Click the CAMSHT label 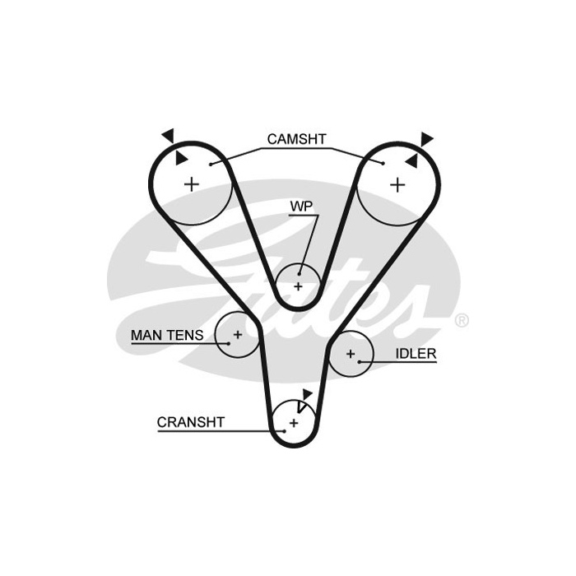pos(296,139)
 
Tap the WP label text pos(301,207)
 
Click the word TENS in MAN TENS pos(185,335)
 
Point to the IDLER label pos(416,353)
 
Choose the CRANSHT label pos(191,422)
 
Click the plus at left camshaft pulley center pos(192,184)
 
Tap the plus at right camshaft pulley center pos(397,185)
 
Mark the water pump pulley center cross pos(298,286)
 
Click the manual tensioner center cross pos(238,334)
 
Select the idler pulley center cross pos(351,354)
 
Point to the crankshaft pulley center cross pos(294,423)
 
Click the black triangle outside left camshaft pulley pos(169,136)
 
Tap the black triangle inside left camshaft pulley pos(181,158)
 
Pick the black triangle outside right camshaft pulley pos(426,139)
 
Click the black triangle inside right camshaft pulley pos(412,161)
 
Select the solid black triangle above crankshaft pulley pos(307,394)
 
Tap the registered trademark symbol pos(462,320)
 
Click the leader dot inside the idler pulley pos(360,362)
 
